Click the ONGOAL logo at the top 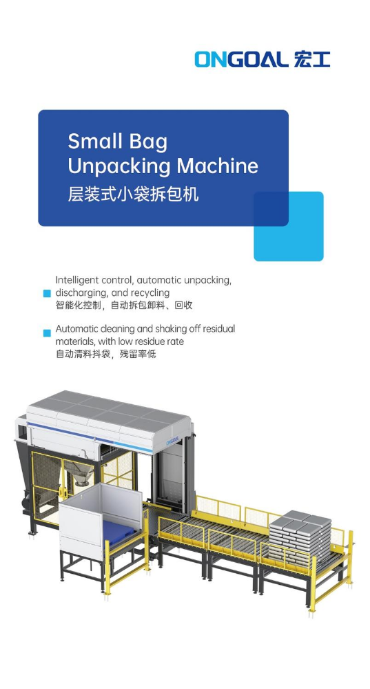coord(262,59)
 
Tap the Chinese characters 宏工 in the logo coord(312,59)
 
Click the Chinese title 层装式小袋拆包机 coord(133,194)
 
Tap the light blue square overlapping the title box coord(289,226)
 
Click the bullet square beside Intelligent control coord(47,293)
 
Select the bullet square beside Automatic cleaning coord(47,333)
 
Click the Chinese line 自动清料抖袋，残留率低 coord(106,354)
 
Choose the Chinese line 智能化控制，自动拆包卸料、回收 coord(124,305)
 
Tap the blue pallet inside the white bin coord(120,532)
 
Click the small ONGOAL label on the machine coord(172,440)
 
